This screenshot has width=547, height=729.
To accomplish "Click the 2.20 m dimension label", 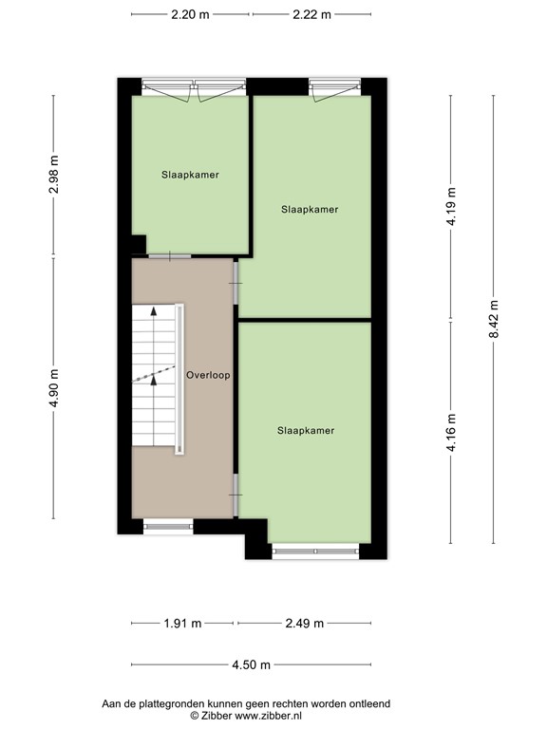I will click(x=191, y=14).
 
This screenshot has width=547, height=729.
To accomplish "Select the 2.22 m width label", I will click(x=312, y=14).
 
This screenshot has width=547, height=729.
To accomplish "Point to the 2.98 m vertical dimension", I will click(x=54, y=175).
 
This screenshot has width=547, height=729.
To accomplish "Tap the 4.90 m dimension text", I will click(x=54, y=388).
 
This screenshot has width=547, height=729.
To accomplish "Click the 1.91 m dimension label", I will click(x=183, y=624).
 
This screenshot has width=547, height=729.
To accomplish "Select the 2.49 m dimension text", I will click(x=304, y=624).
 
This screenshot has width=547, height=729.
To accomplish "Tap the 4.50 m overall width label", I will click(x=252, y=664).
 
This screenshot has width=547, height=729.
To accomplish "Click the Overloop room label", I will click(x=208, y=375).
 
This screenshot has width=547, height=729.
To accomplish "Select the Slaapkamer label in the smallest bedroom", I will click(x=190, y=175).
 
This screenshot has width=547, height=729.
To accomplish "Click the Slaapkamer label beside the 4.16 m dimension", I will click(x=306, y=430).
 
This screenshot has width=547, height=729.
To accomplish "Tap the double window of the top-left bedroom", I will click(x=195, y=88).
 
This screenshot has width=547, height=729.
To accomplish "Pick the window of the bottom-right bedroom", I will click(x=315, y=549).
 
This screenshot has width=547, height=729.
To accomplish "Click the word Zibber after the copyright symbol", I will click(x=216, y=715).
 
